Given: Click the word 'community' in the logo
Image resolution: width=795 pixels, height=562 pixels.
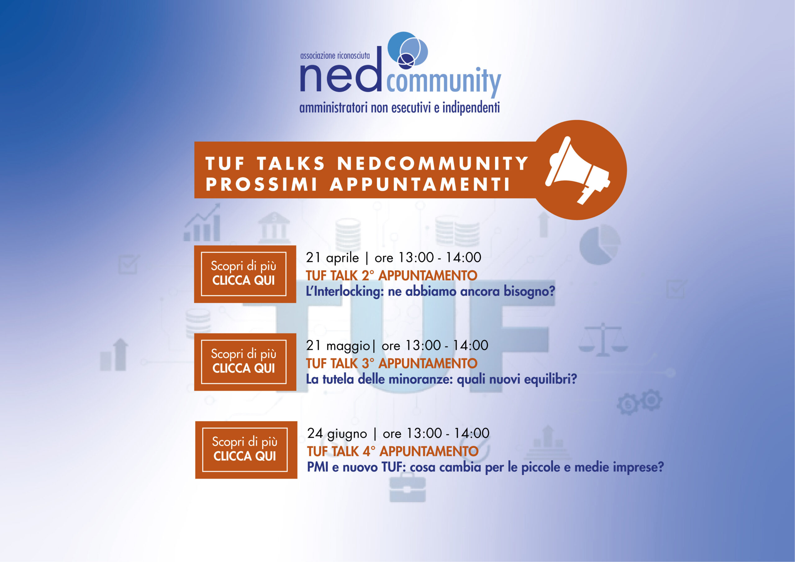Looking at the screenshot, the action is (x=443, y=82).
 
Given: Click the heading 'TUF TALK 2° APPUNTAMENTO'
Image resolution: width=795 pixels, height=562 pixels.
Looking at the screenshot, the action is (x=392, y=276).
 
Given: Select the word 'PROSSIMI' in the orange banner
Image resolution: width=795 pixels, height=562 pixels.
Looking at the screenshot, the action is (x=261, y=184).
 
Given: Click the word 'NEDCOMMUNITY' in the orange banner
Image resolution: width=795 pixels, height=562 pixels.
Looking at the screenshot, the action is (x=433, y=163).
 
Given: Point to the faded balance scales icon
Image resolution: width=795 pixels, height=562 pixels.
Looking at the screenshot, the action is (x=603, y=340).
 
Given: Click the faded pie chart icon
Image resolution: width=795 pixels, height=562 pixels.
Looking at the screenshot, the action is (x=600, y=244).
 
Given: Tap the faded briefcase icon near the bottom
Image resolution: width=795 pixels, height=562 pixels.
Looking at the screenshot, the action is (x=407, y=487).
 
